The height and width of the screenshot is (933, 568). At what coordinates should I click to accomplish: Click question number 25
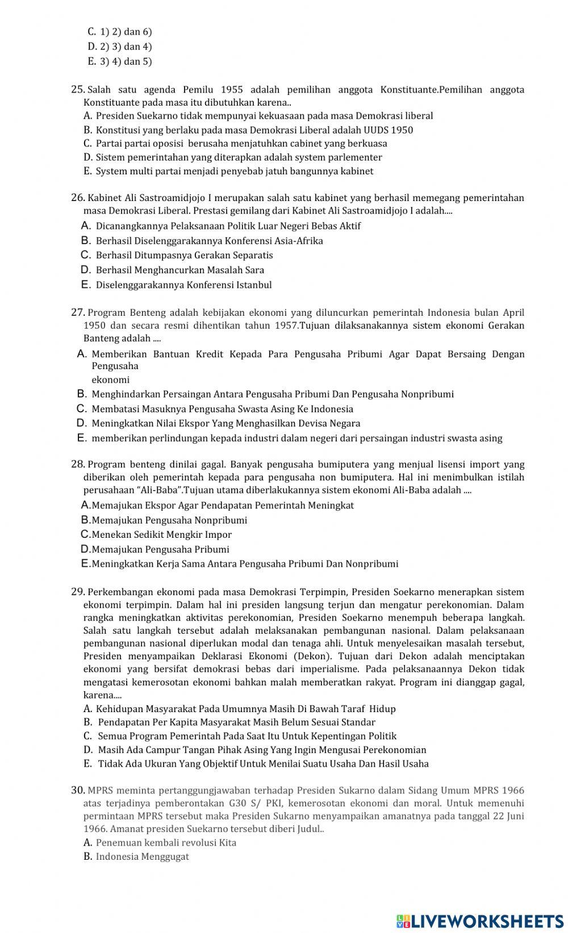78,90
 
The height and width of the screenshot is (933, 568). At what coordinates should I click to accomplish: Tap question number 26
78,198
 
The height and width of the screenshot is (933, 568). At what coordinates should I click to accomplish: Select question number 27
78,312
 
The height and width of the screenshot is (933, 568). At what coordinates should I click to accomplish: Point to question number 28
78,465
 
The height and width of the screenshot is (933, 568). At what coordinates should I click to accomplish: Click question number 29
78,592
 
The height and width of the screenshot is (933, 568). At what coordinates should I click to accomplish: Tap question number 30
78,790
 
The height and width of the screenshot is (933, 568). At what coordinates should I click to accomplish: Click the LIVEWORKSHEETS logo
480,921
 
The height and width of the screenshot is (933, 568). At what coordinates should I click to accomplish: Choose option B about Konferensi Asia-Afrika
209,241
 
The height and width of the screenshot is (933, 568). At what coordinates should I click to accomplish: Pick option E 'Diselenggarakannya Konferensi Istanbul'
183,285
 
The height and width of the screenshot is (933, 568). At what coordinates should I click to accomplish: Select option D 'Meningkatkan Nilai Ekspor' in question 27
225,424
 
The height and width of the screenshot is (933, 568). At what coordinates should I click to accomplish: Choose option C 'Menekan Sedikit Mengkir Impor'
161,535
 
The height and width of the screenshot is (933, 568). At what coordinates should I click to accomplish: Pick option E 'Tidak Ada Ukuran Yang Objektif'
263,764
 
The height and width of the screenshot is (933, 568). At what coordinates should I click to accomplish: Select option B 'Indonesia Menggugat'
142,856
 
